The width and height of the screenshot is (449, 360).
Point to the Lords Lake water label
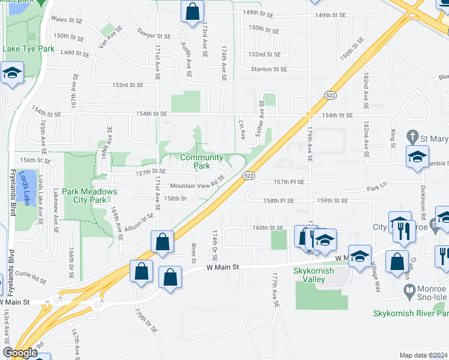click(x=24, y=188)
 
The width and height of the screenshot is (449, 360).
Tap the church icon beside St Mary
click(x=411, y=136)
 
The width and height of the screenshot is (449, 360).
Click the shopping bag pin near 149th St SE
click(x=192, y=11)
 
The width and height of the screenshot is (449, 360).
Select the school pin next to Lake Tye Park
click(x=11, y=74)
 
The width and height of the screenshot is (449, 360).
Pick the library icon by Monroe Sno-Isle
click(x=409, y=293)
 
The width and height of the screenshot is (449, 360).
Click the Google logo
click(x=20, y=353)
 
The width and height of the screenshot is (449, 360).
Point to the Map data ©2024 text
click(x=423, y=355)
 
